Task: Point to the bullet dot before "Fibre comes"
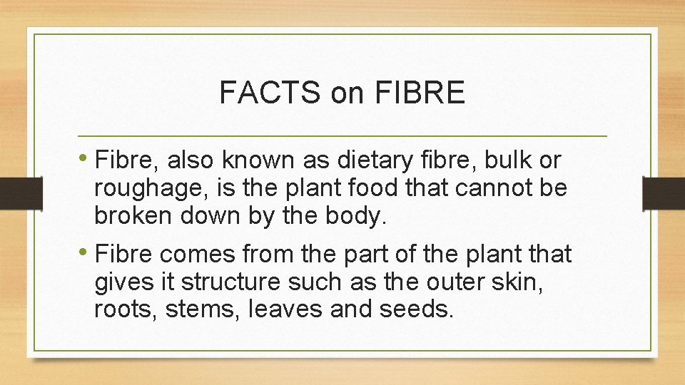86,253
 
